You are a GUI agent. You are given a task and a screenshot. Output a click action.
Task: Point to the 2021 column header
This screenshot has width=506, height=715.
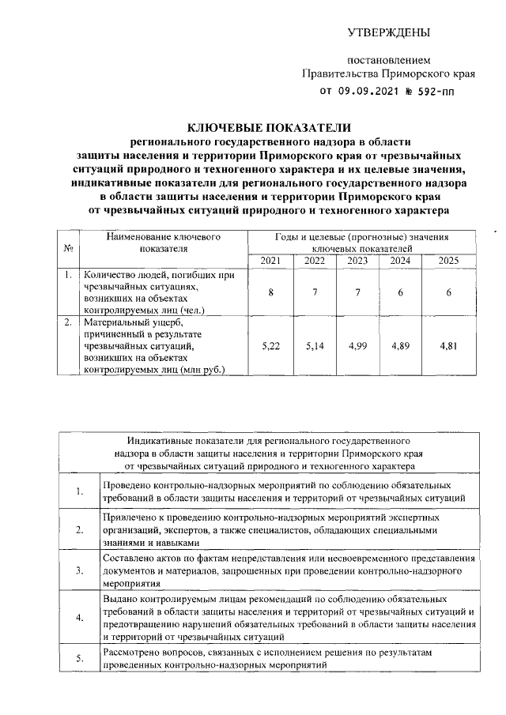tap(270, 261)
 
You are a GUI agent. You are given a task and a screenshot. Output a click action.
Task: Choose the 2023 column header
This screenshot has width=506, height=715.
tap(357, 261)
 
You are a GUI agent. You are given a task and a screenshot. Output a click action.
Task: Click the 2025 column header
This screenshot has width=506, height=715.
tap(447, 261)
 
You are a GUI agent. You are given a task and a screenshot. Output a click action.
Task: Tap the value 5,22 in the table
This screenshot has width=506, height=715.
tap(270, 346)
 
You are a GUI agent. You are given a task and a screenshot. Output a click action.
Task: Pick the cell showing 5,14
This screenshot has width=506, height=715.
tap(314, 346)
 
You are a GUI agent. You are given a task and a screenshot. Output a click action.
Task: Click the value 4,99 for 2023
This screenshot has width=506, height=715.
tap(357, 346)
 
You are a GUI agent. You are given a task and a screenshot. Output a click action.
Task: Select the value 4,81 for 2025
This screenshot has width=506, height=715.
tap(447, 346)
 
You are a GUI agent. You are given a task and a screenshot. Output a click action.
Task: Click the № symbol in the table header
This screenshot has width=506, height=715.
tap(68, 248)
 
